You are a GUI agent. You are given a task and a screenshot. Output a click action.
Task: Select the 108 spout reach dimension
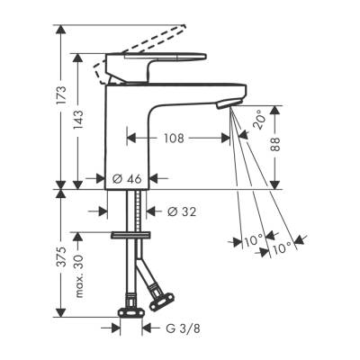(175, 139)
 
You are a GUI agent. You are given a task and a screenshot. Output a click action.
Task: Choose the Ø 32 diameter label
(184, 211)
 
